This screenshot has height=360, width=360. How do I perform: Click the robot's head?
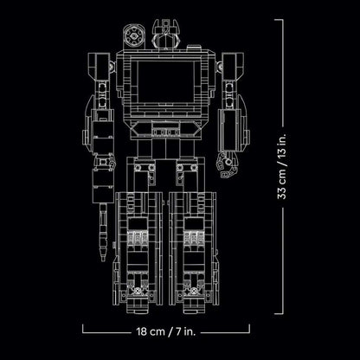tap(166, 35)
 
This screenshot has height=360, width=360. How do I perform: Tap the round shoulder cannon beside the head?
tap(134, 36)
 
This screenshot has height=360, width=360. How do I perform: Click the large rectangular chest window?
tap(166, 81)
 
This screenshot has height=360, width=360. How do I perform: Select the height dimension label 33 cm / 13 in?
tap(281, 166)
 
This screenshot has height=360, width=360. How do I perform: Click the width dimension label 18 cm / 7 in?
tap(166, 331)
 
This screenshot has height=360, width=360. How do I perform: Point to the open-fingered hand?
tap(227, 164)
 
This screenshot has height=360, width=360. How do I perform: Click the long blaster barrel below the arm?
tap(103, 232)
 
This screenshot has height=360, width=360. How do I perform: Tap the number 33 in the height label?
tap(281, 193)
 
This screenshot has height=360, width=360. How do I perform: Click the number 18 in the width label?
tap(142, 331)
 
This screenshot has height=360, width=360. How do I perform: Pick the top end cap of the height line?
tap(279, 20)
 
